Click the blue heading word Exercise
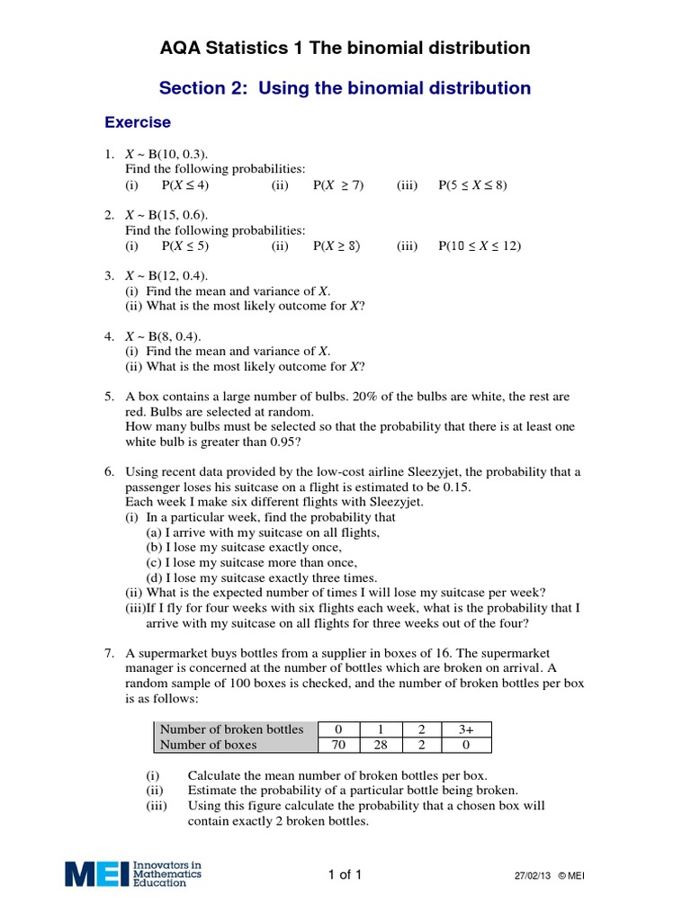(x=138, y=122)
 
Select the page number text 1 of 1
(x=345, y=875)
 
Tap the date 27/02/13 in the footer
(x=532, y=877)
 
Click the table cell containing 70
(x=339, y=744)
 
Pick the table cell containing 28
(x=382, y=744)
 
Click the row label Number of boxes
(x=208, y=744)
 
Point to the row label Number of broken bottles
(x=231, y=729)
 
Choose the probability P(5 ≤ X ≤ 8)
(x=472, y=185)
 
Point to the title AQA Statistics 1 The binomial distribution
(x=345, y=48)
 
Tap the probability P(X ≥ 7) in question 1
(x=338, y=185)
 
